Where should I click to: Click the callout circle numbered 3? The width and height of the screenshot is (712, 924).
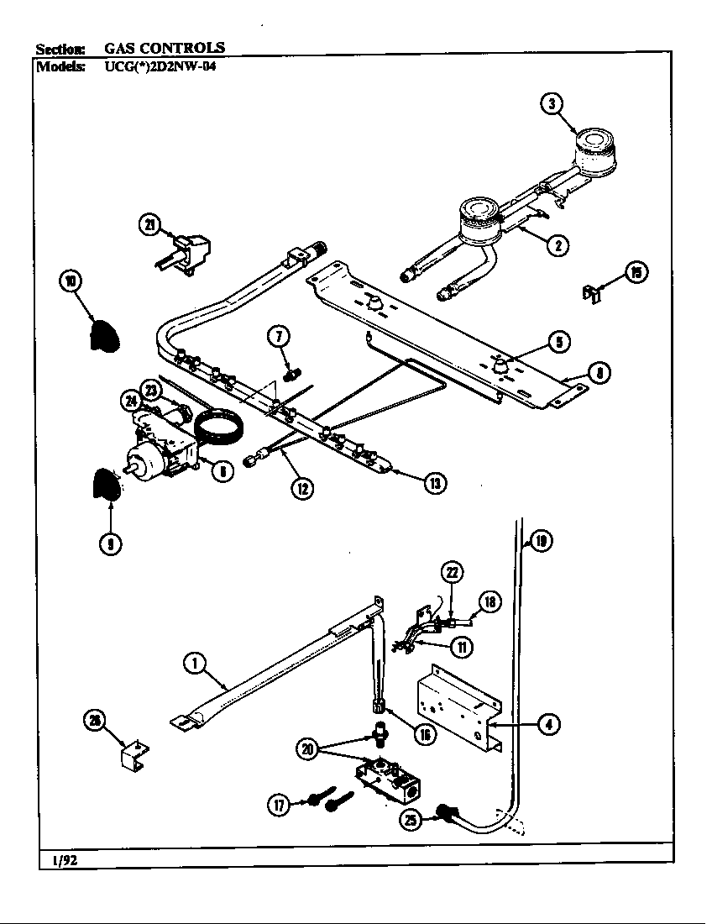coord(551,104)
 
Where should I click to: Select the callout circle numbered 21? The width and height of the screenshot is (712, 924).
coord(150,224)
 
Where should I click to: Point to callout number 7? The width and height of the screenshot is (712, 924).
coord(279,337)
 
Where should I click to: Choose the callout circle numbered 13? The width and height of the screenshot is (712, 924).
coord(435,482)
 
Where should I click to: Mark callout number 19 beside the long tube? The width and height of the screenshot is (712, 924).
coord(542,542)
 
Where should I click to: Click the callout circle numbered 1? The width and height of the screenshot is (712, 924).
coord(195,664)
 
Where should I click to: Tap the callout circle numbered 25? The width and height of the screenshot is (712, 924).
coord(411,819)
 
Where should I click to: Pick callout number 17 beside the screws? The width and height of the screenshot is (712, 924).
coord(278,805)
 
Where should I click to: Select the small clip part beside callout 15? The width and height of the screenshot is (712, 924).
coord(592,291)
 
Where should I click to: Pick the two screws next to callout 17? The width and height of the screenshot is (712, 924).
coord(323,799)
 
